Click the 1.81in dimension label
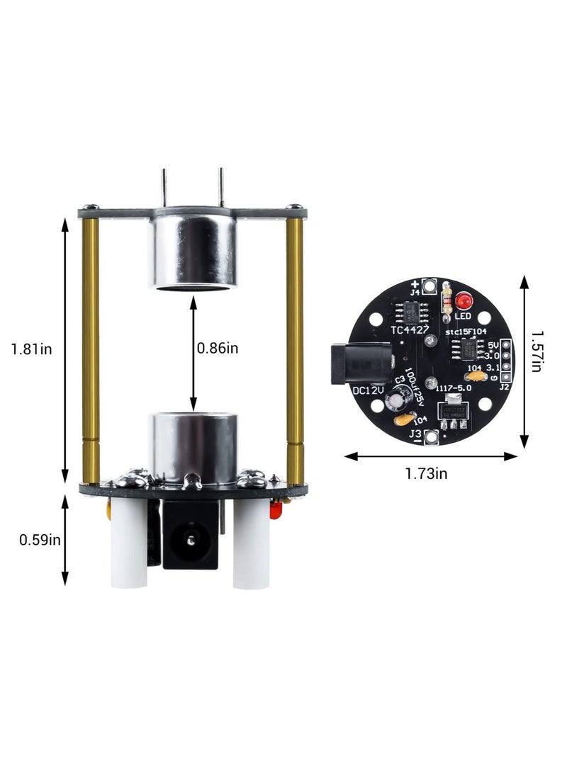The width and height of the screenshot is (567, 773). (31, 349)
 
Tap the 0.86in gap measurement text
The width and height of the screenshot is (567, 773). (217, 349)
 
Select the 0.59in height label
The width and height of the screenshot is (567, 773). (39, 540)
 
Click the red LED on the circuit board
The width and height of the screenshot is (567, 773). (464, 299)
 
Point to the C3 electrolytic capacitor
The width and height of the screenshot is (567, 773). (395, 402)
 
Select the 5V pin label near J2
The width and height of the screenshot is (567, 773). (493, 346)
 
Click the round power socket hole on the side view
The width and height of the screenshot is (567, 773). (191, 540)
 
